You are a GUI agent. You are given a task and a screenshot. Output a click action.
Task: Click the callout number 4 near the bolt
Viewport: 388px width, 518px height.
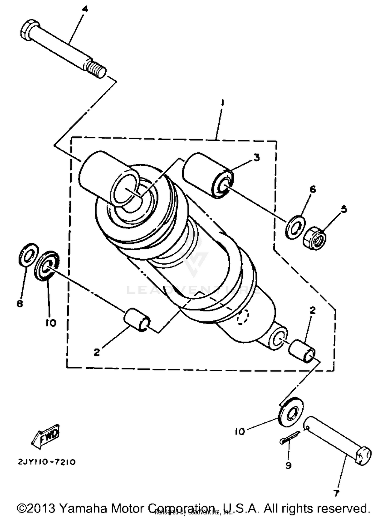85,10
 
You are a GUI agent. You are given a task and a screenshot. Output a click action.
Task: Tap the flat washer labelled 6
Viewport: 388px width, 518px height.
295,226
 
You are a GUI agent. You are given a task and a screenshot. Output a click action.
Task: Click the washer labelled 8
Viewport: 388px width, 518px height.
28,254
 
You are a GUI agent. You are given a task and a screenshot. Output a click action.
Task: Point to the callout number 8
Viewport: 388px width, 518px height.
20,303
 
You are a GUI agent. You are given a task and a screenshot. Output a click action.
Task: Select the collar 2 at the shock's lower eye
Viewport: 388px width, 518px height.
302,351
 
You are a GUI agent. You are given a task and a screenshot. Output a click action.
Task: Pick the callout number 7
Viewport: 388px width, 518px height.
336,493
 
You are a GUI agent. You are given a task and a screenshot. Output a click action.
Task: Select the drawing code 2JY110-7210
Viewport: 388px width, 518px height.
47,462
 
